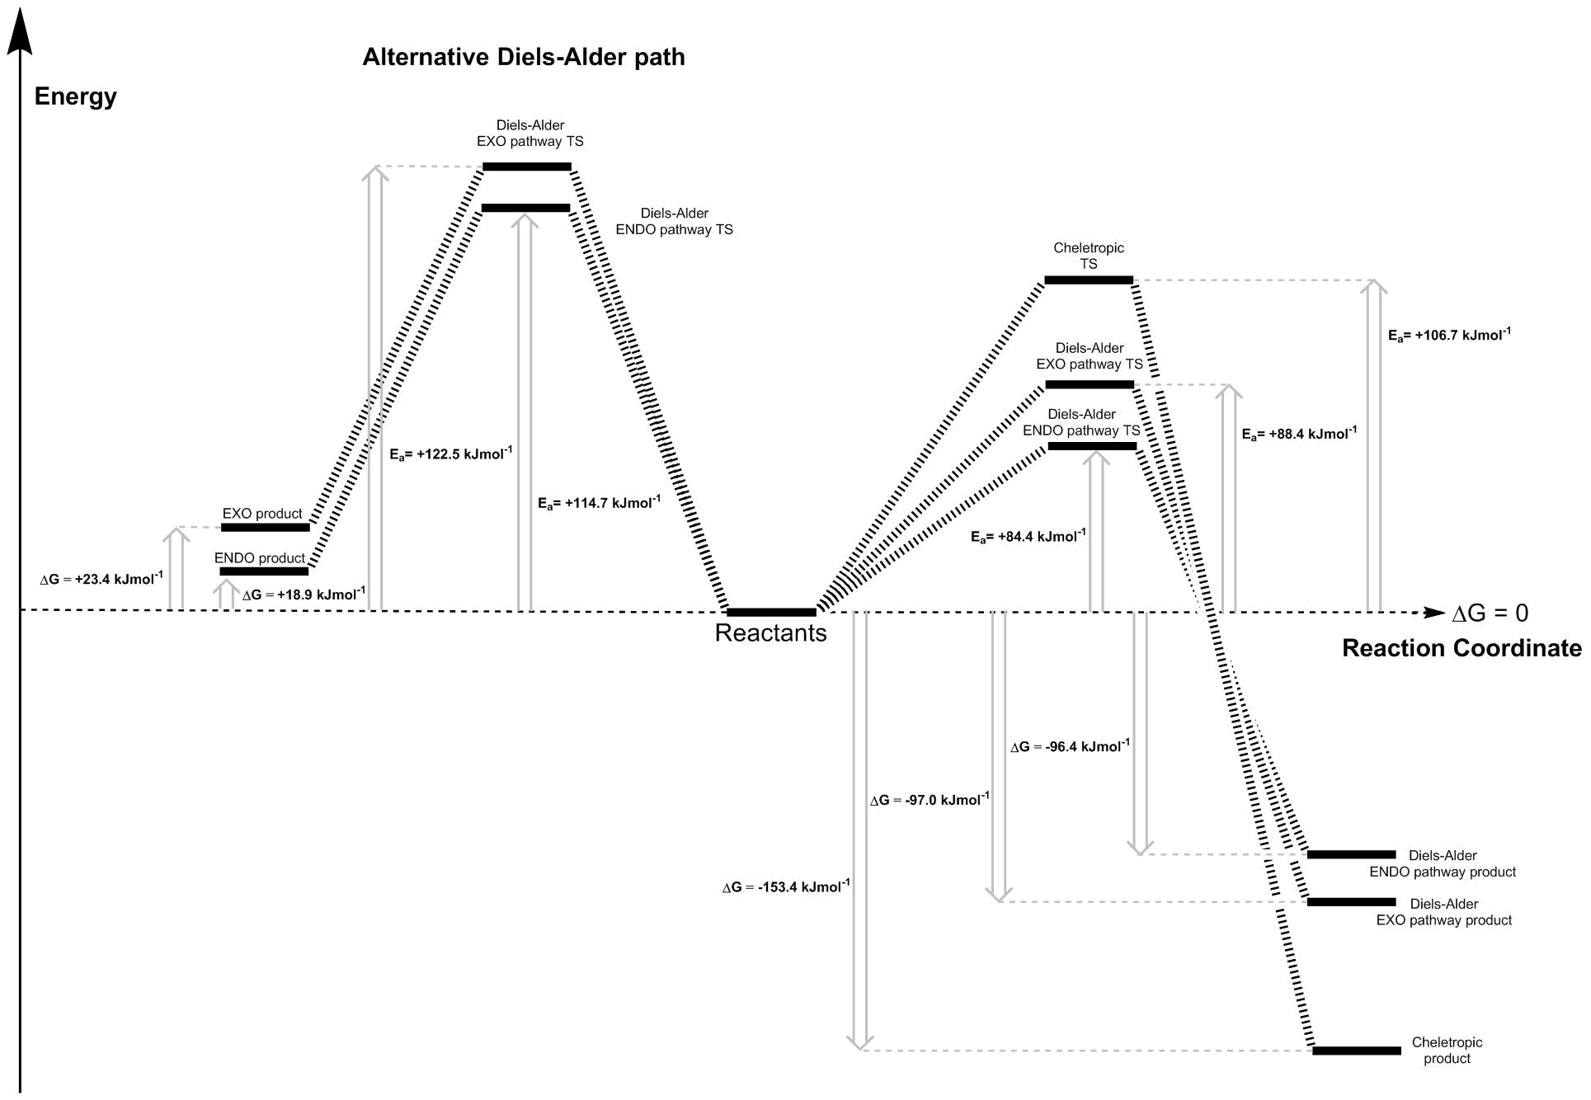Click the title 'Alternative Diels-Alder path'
[524, 57]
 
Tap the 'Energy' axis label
[75, 96]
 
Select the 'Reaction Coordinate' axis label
[1462, 648]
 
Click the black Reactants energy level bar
[771, 612]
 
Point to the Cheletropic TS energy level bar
[1089, 280]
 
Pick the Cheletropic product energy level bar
[1357, 1051]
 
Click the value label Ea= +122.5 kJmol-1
[451, 454]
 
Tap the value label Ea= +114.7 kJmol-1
[600, 503]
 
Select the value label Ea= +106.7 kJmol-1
[1449, 335]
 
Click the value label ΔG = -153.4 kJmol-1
[786, 886]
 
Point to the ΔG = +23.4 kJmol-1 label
[101, 579]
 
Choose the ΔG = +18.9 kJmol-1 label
[304, 595]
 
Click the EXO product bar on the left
[266, 527]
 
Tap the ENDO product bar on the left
[264, 571]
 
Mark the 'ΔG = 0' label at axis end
[1490, 613]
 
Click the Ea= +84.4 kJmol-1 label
[1029, 536]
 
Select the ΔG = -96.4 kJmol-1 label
[1070, 746]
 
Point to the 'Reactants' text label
[770, 633]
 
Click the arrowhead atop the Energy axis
[20, 33]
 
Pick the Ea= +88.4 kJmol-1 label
[1299, 434]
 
